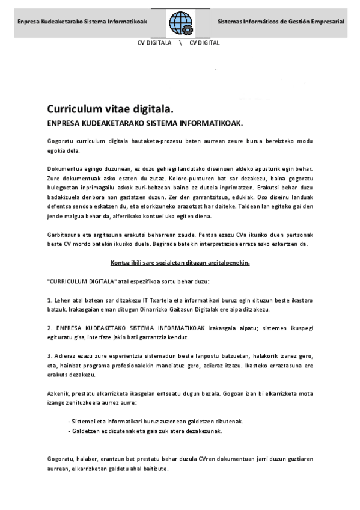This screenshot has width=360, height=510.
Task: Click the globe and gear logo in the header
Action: pos(180,23)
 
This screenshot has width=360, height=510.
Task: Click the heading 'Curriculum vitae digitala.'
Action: pos(110,109)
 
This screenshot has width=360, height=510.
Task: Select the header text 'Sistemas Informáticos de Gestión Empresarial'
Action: pos(281,22)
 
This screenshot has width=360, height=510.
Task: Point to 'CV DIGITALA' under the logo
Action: pos(154,43)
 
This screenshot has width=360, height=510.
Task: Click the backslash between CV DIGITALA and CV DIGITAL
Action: pos(180,43)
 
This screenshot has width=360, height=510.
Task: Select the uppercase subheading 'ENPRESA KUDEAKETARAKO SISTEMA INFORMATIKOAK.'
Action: pos(144,123)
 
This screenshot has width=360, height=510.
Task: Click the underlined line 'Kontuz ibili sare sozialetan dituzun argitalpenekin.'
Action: pos(180,262)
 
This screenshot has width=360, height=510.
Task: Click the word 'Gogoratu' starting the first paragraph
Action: pos(59,140)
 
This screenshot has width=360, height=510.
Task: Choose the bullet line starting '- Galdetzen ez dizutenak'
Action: pos(146,431)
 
